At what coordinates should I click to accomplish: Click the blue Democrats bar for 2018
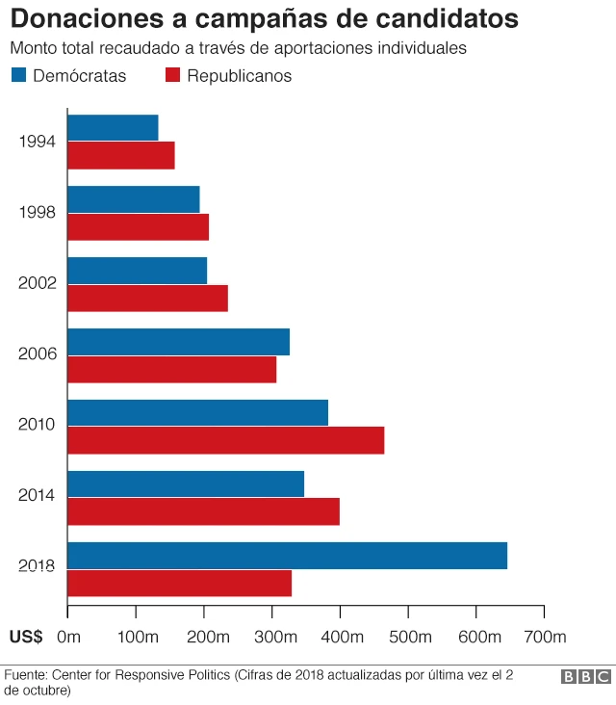point(287,556)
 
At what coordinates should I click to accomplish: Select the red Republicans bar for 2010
point(225,440)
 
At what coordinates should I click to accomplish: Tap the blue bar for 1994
point(113,128)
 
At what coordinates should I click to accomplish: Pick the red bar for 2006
point(171,369)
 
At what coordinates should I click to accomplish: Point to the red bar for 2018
point(179,584)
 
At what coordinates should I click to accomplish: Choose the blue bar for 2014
point(186,483)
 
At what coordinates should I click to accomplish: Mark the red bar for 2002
point(147,299)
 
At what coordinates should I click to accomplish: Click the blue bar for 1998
point(133,198)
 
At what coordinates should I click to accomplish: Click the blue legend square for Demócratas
point(18,76)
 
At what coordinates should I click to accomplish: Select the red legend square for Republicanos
point(173,76)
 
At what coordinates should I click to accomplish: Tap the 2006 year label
point(38,354)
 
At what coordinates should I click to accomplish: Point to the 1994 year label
point(38,142)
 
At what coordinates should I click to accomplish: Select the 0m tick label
point(68,637)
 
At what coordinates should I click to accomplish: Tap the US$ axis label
point(25,637)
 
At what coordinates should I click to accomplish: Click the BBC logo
point(585,677)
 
